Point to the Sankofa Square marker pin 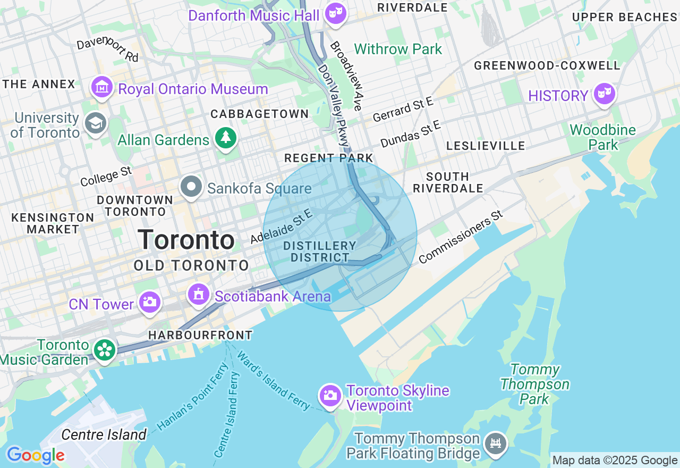191,187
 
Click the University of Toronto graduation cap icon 96,123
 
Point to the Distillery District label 319,252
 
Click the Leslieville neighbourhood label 486,146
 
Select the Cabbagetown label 259,114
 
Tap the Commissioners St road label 460,237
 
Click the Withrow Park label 398,49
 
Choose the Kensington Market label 53,223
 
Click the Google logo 36,455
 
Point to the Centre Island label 104,434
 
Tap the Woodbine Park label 602,137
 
